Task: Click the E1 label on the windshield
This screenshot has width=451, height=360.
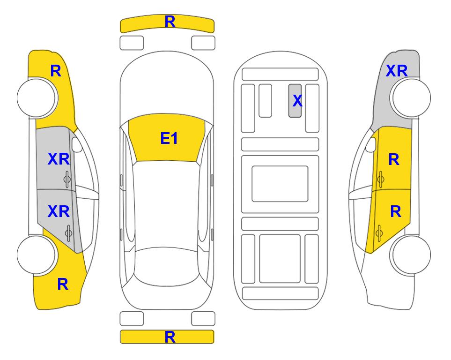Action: [169, 138]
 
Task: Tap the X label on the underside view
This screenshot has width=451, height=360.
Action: [297, 101]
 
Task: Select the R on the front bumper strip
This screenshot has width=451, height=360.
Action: [170, 22]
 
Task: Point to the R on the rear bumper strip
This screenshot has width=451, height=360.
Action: [170, 337]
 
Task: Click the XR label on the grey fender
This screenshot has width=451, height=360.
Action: [397, 71]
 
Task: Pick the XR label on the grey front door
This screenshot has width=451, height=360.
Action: [59, 159]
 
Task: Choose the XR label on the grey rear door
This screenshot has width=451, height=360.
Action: [59, 212]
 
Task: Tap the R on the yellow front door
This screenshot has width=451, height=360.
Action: [394, 159]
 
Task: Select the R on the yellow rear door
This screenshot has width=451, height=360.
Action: [395, 212]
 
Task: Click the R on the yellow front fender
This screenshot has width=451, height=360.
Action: [56, 71]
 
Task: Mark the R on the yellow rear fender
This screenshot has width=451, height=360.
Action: [63, 284]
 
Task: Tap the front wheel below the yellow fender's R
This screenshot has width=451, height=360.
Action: [37, 98]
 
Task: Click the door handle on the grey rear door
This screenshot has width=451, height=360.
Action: [68, 232]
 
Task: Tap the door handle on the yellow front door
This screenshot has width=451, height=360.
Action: [380, 179]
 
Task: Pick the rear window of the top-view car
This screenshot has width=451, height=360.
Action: [167, 266]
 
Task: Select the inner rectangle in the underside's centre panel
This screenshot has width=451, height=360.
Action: [280, 184]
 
